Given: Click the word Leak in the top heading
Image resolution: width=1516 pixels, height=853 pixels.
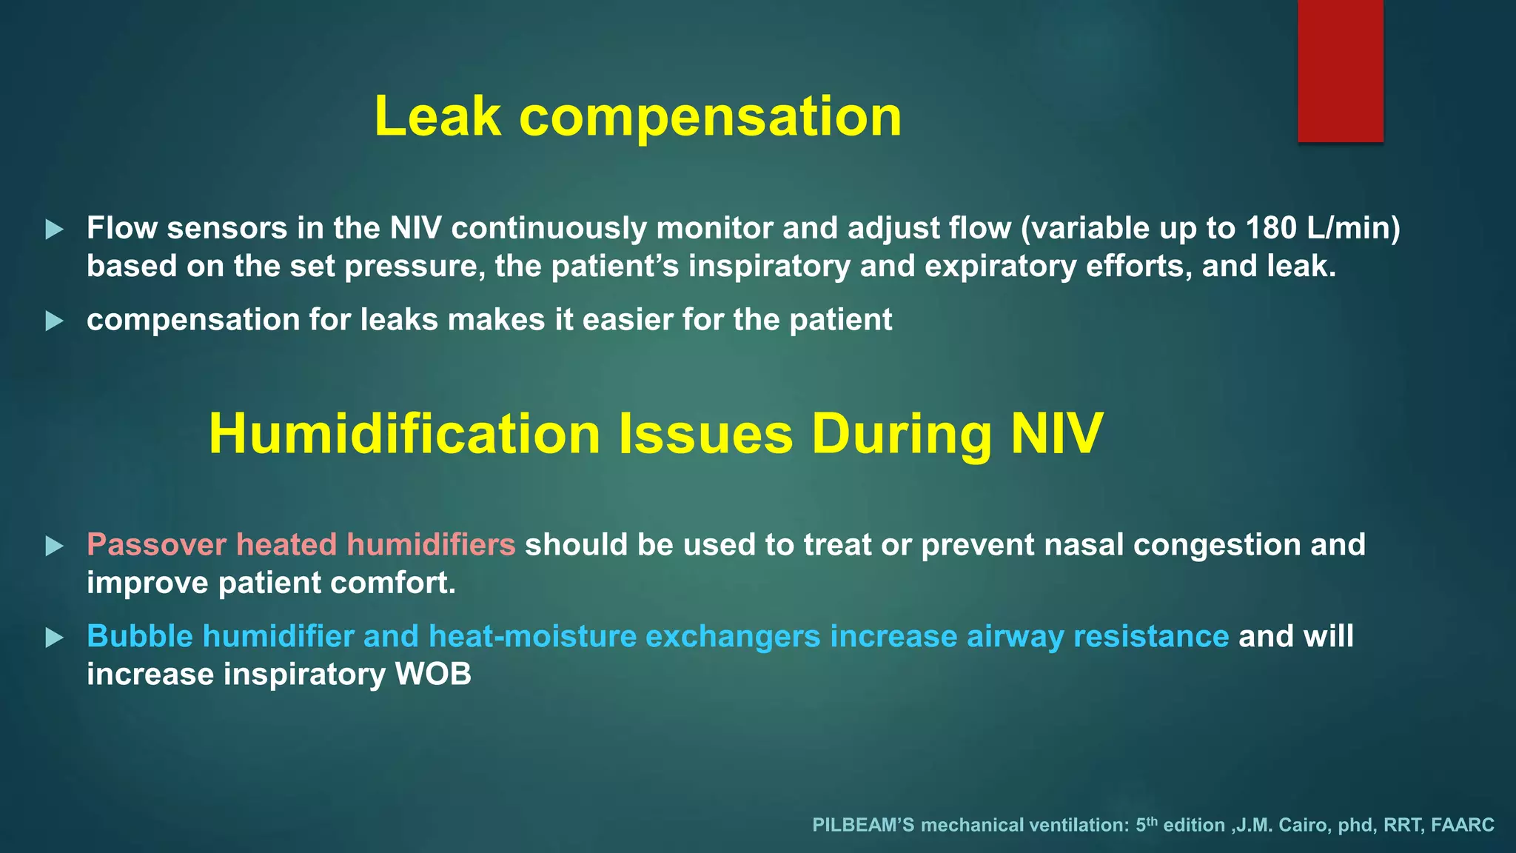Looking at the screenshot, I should [x=437, y=117].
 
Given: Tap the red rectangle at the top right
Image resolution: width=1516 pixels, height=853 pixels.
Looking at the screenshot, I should [x=1340, y=70].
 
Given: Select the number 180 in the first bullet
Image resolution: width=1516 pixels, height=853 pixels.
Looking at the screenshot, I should [x=1271, y=228].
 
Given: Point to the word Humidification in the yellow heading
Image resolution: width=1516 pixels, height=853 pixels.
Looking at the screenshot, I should [x=404, y=434].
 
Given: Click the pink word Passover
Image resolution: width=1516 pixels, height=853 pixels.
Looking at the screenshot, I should [x=156, y=545].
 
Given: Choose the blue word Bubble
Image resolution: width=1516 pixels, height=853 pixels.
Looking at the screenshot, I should [x=140, y=637].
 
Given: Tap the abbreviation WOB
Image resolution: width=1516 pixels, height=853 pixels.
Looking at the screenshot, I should [x=433, y=675].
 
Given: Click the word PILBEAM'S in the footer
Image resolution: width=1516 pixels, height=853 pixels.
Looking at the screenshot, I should [x=862, y=825].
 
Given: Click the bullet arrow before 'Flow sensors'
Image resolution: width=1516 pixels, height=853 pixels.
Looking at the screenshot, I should [x=54, y=230].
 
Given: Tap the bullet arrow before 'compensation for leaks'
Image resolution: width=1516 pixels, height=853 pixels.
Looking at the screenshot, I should [x=54, y=321].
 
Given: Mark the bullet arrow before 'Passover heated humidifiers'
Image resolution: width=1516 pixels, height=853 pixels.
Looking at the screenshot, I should [x=54, y=546].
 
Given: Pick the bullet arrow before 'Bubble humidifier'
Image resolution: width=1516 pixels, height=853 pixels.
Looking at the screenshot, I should [x=54, y=638].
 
